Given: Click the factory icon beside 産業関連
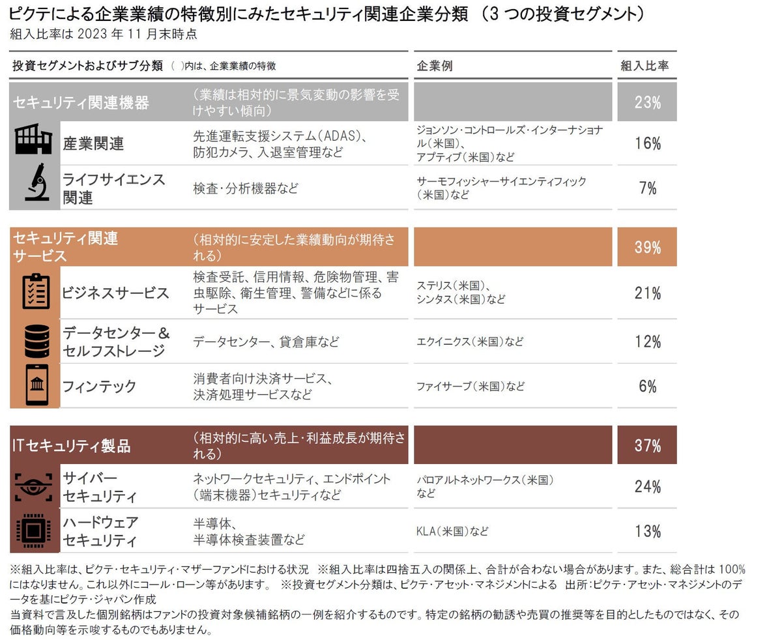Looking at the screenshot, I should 33,141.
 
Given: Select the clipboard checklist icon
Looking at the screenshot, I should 35,291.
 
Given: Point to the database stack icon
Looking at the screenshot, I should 36,341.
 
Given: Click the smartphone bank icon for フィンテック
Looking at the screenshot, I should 36,385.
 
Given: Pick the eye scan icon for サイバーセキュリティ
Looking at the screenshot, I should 33,487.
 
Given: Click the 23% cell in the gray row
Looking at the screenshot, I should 647,102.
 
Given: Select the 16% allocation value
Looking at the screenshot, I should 647,143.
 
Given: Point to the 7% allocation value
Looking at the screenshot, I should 647,188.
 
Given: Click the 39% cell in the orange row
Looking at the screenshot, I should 647,248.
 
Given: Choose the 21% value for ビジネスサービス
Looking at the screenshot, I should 647,293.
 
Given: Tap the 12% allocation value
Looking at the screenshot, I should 647,342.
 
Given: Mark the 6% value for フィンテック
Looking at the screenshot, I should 647,386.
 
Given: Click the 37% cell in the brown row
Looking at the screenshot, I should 647,446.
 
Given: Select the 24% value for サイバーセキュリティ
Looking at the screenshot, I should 647,487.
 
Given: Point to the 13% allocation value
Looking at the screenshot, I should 647,531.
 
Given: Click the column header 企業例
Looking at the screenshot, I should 434,66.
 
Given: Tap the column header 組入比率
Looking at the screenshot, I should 644,66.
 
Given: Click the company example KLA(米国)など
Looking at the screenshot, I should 452,531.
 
